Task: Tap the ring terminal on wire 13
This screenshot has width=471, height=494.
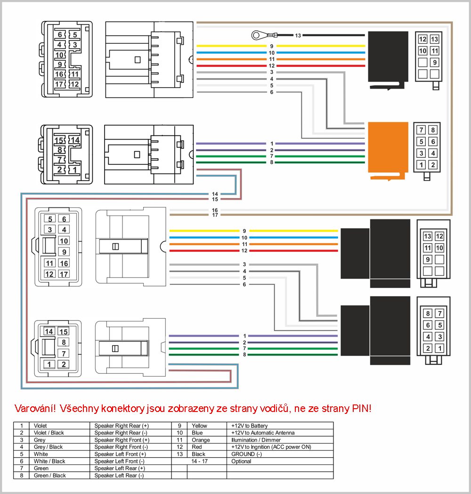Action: point(256,35)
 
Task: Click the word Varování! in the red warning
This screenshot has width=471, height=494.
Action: point(35,409)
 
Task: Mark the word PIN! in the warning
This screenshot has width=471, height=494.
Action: point(362,409)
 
